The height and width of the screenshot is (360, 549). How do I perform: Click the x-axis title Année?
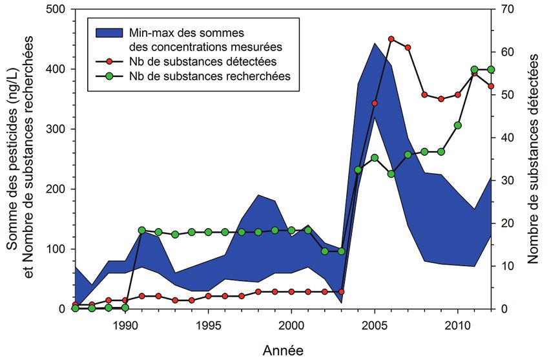282,350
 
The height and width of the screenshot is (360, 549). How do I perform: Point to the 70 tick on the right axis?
499,9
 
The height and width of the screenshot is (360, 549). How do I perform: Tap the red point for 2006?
391,39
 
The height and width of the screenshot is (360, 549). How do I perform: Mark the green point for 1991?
142,230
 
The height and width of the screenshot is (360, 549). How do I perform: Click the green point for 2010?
458,125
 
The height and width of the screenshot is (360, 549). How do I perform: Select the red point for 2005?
375,103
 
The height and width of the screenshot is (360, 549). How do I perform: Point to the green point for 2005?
375,158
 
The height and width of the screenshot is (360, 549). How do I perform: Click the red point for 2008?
424,95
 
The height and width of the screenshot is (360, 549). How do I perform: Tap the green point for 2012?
491,69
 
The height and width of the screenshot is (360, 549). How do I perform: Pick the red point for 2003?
341,291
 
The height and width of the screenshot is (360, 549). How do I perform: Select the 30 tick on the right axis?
499,180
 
